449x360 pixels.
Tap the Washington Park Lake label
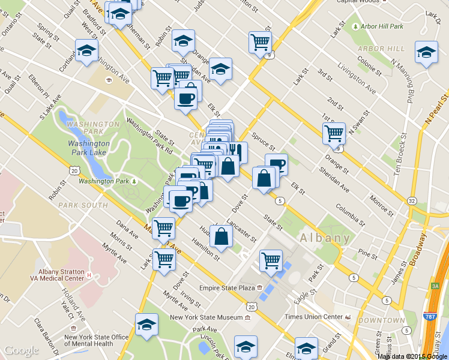tap(88, 148)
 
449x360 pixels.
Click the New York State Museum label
tap(205, 317)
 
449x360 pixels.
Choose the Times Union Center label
tap(312, 316)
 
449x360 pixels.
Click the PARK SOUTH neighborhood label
tap(83, 205)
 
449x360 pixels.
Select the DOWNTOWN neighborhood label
tap(381, 320)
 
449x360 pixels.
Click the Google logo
tap(21, 350)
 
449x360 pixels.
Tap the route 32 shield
tap(411, 200)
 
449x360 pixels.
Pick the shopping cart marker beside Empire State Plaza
tap(271, 260)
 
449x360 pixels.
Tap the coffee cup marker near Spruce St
tap(276, 164)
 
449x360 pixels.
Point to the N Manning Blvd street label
tap(403, 79)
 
